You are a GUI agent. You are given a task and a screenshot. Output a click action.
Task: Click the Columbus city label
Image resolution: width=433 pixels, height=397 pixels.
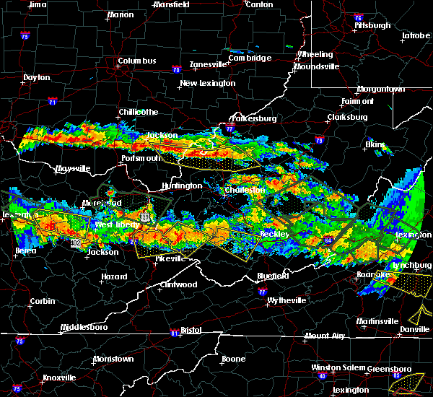[137, 61]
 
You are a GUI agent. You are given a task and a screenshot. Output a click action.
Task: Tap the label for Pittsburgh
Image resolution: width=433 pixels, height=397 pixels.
[372, 25]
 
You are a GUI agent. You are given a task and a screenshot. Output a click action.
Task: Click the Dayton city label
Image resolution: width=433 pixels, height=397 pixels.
[36, 77]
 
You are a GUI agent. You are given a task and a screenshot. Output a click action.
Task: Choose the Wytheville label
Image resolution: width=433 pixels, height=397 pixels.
[287, 300]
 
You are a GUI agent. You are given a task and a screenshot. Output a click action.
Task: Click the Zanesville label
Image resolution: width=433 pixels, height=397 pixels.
[209, 64]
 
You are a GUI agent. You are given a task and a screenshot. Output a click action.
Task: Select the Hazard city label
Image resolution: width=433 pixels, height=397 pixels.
[115, 276]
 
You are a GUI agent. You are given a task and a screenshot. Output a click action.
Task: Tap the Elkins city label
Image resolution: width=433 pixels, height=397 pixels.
[375, 144]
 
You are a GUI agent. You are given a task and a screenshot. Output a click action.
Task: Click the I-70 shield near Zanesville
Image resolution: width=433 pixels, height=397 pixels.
[177, 70]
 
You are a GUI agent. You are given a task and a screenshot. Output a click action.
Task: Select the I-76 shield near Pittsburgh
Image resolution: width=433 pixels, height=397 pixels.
[358, 17]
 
